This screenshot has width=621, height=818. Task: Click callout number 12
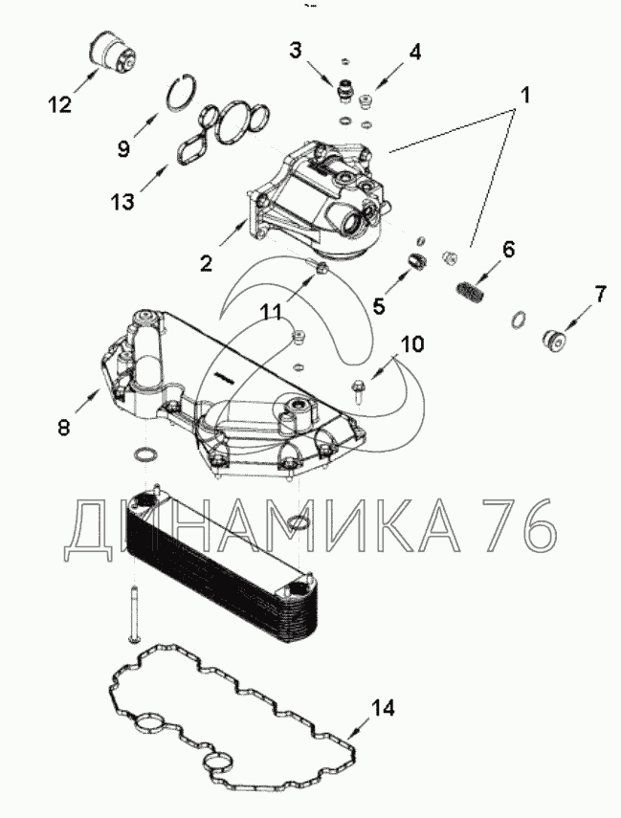point(59,104)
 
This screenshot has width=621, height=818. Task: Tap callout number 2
point(206,261)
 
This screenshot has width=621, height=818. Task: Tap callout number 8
point(63,428)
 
